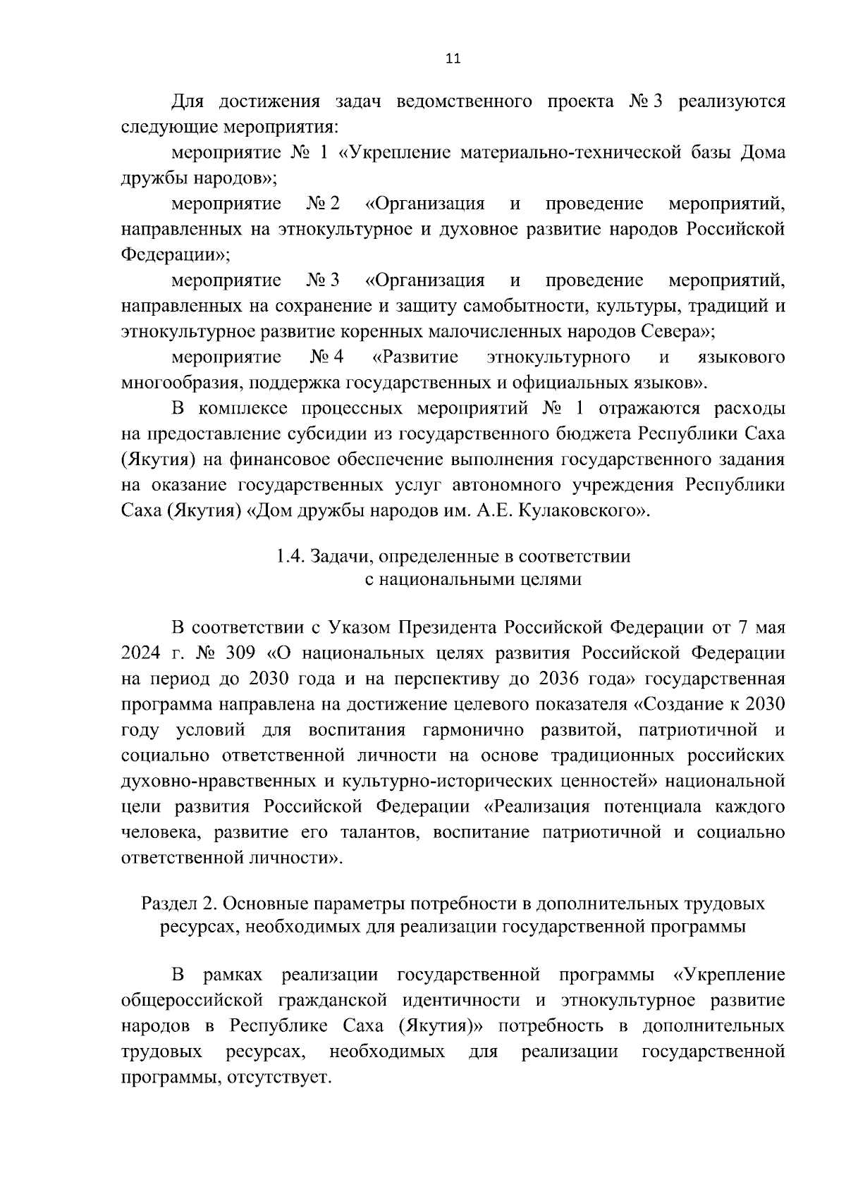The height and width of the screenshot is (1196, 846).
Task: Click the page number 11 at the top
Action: click(x=453, y=59)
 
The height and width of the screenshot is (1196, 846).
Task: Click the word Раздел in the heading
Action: click(x=167, y=903)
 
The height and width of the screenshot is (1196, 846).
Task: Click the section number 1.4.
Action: click(x=289, y=556)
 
